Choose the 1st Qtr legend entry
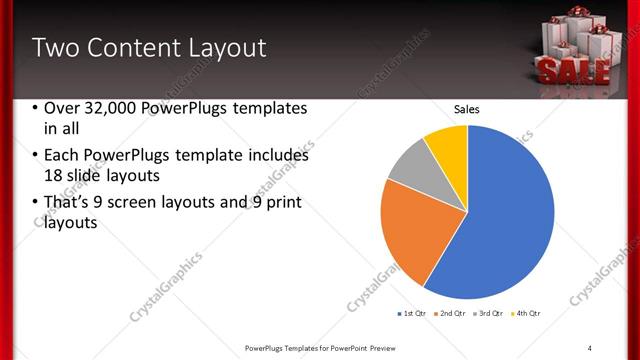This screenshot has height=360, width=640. [x=411, y=313]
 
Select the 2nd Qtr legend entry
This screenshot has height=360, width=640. [x=450, y=313]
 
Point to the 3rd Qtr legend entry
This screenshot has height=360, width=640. [x=488, y=313]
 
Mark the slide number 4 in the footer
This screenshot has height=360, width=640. [x=590, y=347]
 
